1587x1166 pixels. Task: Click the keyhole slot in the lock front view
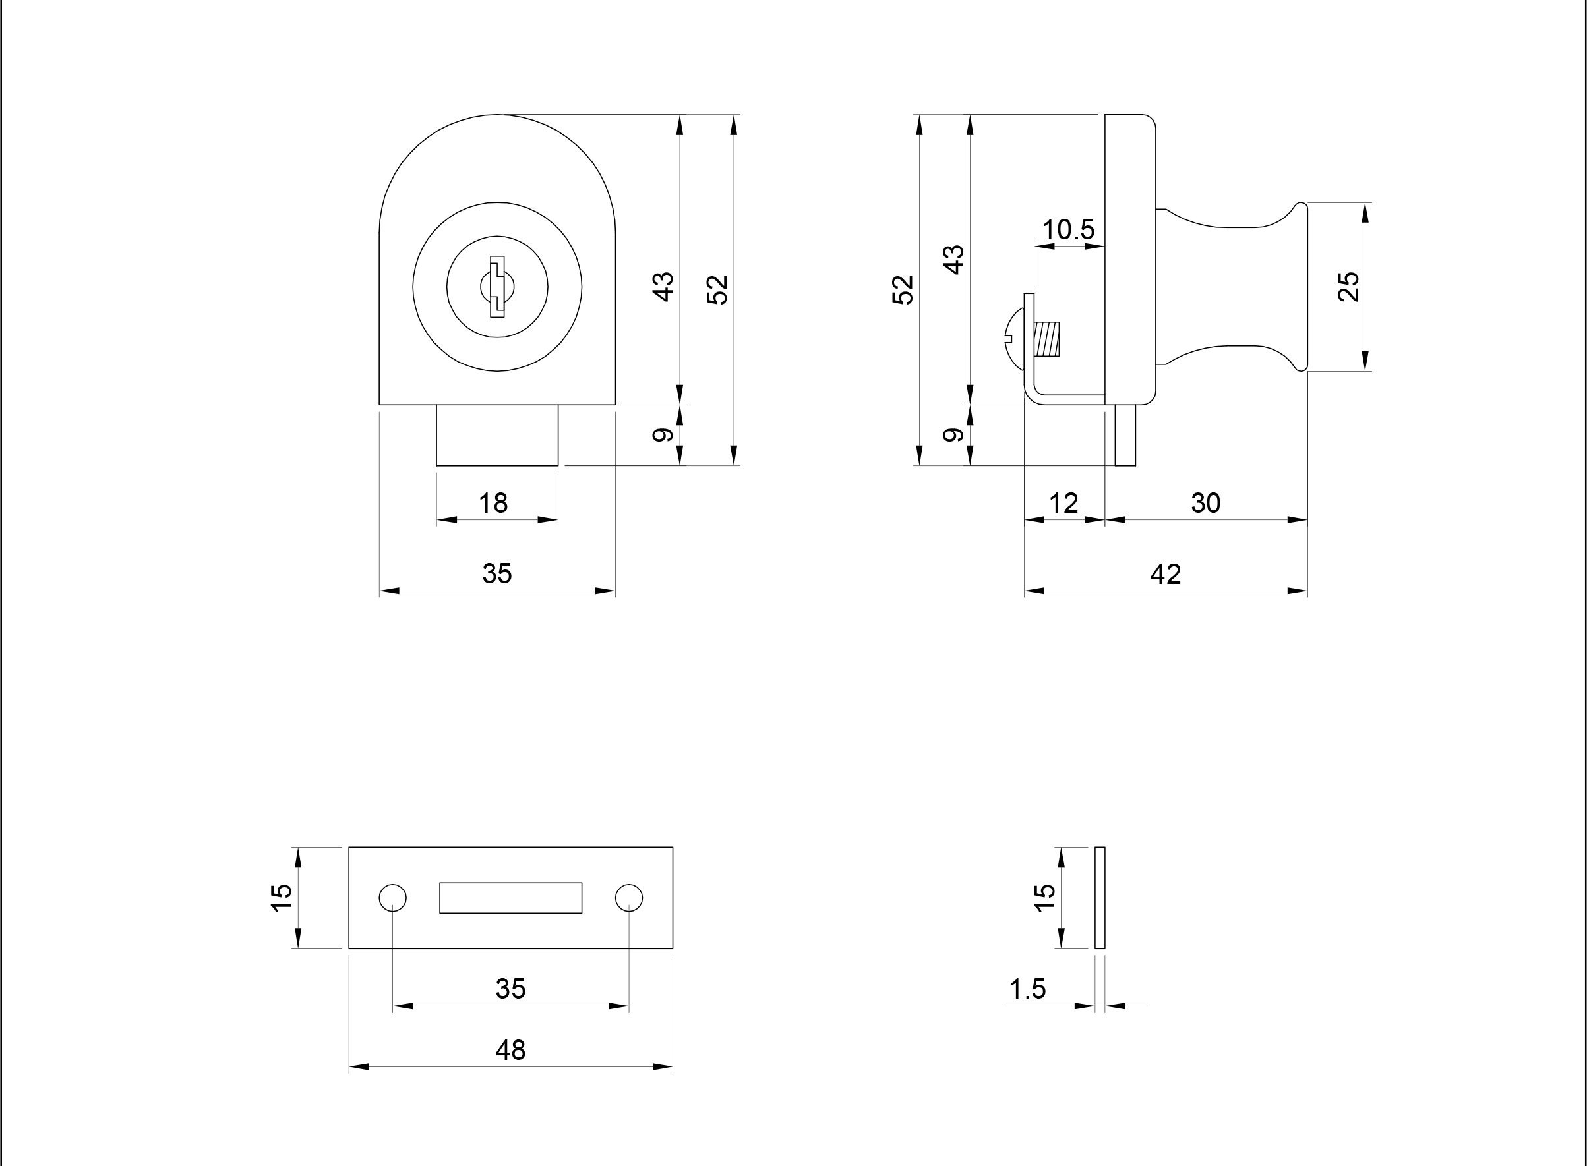point(497,287)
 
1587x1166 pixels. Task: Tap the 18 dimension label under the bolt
point(493,503)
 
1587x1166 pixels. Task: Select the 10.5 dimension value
point(1068,229)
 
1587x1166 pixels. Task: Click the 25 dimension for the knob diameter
point(1348,287)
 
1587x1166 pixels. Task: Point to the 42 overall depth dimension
point(1166,574)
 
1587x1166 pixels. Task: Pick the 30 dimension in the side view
point(1206,503)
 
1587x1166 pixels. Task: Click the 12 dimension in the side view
point(1063,503)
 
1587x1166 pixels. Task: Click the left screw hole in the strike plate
point(392,897)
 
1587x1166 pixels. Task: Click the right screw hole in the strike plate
point(629,897)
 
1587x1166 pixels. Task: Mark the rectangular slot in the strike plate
point(510,897)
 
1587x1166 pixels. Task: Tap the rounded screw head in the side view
point(1015,339)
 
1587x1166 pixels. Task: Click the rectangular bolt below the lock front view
point(497,435)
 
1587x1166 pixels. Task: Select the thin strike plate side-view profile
point(1100,897)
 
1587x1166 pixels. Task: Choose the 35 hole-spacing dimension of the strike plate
point(510,989)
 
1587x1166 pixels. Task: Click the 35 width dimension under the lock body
point(497,574)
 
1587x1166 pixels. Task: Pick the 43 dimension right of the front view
point(663,287)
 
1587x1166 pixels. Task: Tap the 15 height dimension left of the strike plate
point(282,897)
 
